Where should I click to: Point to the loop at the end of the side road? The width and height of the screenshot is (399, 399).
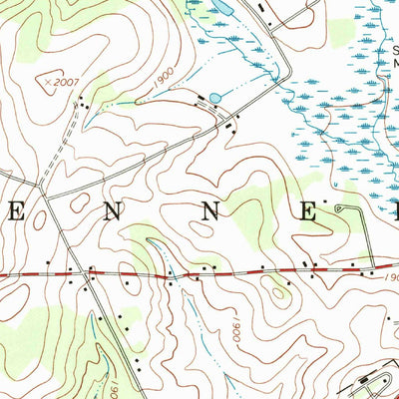pyautogui.click(x=342, y=207)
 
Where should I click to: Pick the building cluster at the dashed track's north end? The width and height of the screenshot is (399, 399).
pyautogui.click(x=86, y=104)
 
